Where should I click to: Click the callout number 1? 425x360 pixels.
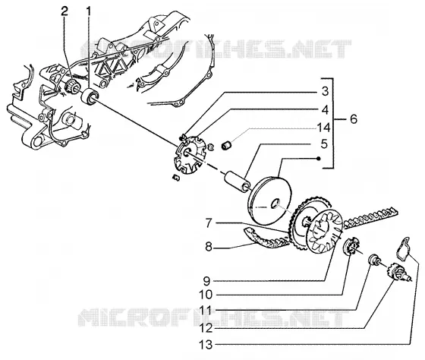pyautogui.click(x=88, y=11)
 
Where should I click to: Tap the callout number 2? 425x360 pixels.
pyautogui.click(x=65, y=11)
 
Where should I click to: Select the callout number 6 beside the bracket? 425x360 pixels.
pyautogui.click(x=354, y=119)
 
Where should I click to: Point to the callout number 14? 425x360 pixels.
pyautogui.click(x=323, y=128)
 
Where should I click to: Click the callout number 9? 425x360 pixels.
pyautogui.click(x=206, y=281)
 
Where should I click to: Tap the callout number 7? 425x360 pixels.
pyautogui.click(x=209, y=223)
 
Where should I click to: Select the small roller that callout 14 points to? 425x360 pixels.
pyautogui.click(x=226, y=145)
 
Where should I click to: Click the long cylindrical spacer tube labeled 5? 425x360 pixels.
pyautogui.click(x=236, y=182)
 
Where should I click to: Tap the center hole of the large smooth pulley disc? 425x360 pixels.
pyautogui.click(x=275, y=204)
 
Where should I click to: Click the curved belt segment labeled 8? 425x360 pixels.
pyautogui.click(x=264, y=240)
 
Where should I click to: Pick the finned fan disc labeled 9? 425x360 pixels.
pyautogui.click(x=326, y=232)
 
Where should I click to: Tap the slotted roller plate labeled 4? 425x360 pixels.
pyautogui.click(x=189, y=155)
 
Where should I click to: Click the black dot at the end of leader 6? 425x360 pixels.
pyautogui.click(x=320, y=159)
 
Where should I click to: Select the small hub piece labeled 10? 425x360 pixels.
pyautogui.click(x=350, y=245)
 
